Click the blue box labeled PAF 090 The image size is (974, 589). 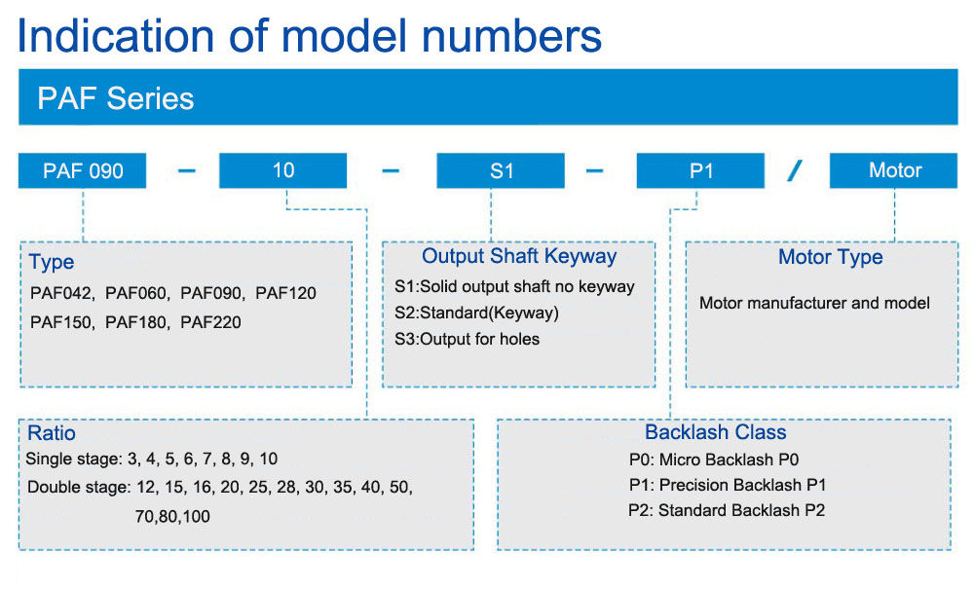[x=82, y=170]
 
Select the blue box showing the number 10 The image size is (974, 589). [x=282, y=170]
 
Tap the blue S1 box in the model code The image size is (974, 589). [x=501, y=170]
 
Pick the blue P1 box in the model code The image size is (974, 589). [x=700, y=170]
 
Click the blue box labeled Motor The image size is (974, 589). [x=893, y=170]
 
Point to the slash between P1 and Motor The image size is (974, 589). [x=795, y=170]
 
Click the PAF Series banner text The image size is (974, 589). [x=116, y=98]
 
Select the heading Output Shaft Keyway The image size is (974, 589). [x=519, y=256]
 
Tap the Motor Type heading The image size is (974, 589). [x=831, y=257]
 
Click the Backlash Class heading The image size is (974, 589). [x=716, y=432]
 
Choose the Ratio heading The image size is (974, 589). [x=52, y=433]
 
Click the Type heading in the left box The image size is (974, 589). [x=52, y=263]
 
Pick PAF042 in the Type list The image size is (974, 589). [x=60, y=293]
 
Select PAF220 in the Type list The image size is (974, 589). [x=210, y=322]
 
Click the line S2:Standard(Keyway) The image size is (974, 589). [x=476, y=313]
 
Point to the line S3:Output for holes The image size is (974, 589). [x=468, y=339]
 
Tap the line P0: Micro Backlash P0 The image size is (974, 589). [x=714, y=460]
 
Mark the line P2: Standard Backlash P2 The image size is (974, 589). [x=727, y=510]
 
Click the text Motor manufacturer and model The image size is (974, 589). [x=814, y=303]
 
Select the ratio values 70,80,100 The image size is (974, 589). [x=172, y=516]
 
